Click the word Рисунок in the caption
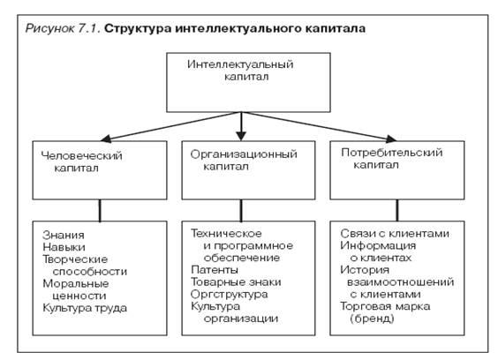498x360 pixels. (49, 29)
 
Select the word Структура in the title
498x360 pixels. (138, 29)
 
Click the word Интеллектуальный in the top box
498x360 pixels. (240, 64)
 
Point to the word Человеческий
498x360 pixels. (81, 155)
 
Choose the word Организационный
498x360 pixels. (244, 154)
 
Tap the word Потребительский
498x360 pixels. (392, 153)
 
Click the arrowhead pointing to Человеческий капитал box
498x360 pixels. (105, 139)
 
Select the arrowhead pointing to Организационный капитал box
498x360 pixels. (241, 136)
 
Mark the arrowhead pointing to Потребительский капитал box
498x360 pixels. (391, 139)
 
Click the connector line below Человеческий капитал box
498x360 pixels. (100, 211)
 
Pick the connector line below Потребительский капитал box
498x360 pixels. (397, 211)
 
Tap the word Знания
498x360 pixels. (64, 236)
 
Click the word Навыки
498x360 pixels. (64, 247)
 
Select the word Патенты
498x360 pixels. (215, 270)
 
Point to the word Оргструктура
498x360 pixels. (229, 295)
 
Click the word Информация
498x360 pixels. (378, 245)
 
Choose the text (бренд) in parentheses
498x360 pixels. (372, 319)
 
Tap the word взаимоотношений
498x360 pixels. (401, 282)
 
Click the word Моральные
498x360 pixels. (76, 283)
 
